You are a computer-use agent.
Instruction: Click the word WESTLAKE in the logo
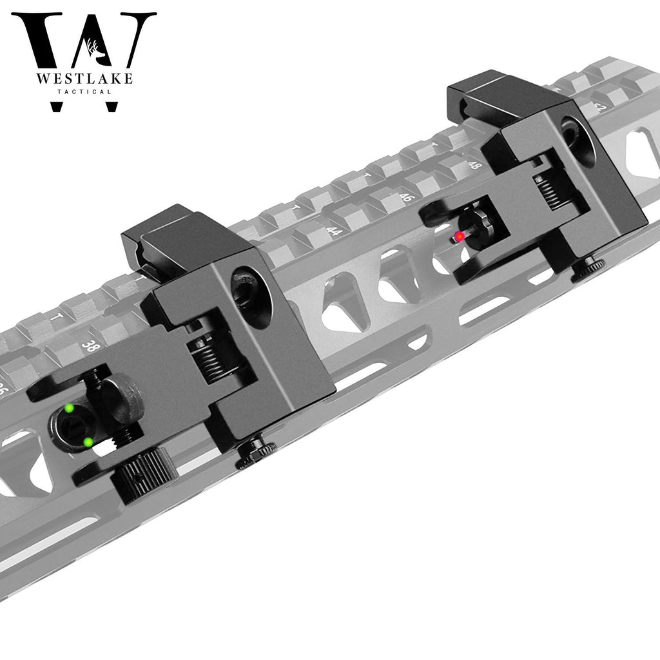point(83,79)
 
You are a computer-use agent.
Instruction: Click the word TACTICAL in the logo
point(83,92)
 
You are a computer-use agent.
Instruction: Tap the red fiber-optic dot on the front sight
point(459,237)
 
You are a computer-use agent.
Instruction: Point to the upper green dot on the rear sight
point(69,408)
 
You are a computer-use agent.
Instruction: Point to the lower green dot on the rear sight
point(88,442)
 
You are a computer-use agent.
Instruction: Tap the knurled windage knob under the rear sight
point(148,476)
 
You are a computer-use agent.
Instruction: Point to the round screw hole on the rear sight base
point(248,291)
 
